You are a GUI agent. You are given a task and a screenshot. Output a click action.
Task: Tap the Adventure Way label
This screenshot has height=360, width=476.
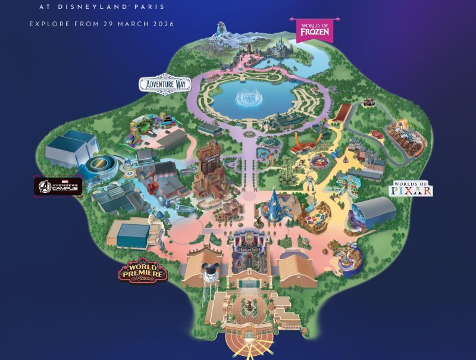[x=163, y=84]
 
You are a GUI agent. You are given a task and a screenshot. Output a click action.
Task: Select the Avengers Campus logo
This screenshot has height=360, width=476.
[x=58, y=186]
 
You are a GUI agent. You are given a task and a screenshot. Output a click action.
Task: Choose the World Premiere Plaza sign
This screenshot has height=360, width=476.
[x=143, y=271]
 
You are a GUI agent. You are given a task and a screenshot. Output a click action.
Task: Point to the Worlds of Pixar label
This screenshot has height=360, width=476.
[x=411, y=189]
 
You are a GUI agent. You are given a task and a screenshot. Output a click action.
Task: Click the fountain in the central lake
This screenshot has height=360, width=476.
[x=250, y=98]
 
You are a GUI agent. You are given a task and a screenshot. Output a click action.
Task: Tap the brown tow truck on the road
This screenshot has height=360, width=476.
[x=368, y=105]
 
